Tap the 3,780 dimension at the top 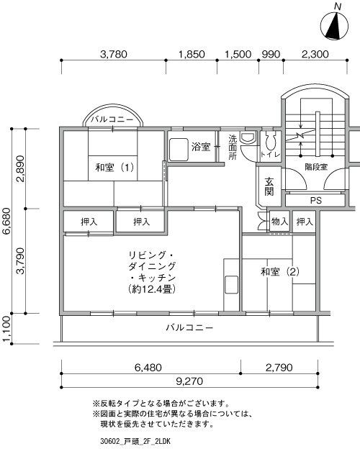(113, 54)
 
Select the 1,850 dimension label (192, 54)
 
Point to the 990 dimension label (271, 54)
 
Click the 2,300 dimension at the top (315, 54)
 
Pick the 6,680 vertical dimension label (6, 221)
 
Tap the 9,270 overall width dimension (189, 381)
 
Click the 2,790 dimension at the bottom (279, 368)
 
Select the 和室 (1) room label (114, 167)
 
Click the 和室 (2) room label (280, 271)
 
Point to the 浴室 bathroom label (201, 147)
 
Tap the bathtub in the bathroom (179, 150)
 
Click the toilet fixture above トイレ (270, 141)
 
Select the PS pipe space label (315, 200)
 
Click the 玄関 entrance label (269, 186)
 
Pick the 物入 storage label (279, 222)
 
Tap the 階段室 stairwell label (316, 167)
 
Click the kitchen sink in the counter (231, 285)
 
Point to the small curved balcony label (112, 119)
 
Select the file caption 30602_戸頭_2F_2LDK (135, 441)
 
